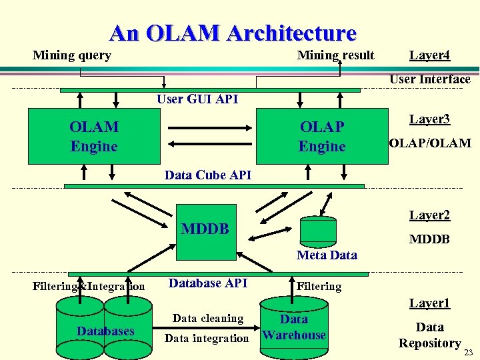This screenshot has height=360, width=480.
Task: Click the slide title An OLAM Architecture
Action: pos(233,33)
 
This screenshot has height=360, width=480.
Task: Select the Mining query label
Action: pos(72,55)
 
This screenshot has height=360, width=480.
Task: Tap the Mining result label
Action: pos(335,55)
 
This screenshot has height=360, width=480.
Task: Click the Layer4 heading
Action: pos(429,55)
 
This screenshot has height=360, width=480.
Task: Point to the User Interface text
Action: pos(429,79)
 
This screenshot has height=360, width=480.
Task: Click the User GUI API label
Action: pos(197,99)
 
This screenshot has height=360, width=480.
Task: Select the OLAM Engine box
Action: pos(93,137)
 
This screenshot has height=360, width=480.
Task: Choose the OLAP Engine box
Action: pos(322,137)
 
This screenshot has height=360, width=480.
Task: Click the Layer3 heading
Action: pos(429,119)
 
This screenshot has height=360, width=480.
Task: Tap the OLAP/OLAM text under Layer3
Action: pos(429,143)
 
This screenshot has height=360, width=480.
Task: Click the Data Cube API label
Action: pos(208,175)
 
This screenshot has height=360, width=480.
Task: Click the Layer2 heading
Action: pos(429,215)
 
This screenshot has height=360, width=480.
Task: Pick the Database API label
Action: pos(208,283)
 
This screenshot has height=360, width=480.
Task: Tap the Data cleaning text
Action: pos(208,319)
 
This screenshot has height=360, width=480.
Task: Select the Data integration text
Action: pos(207,339)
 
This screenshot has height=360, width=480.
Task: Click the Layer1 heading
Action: pos(429,303)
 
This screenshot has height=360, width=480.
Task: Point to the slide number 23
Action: pos(469,353)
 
